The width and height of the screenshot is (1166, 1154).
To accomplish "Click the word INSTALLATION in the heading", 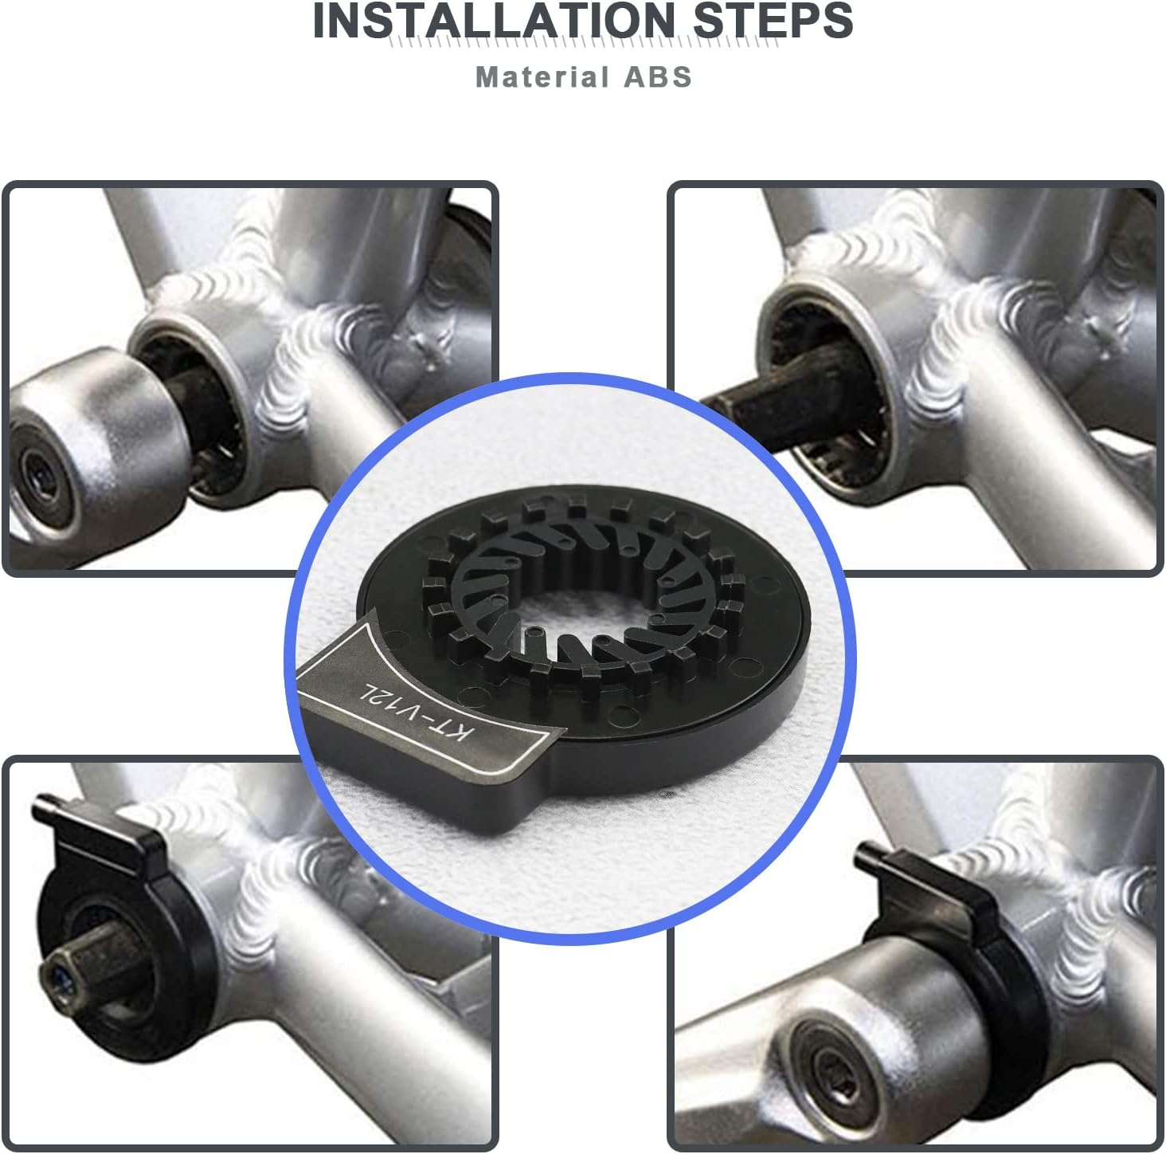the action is click(493, 21).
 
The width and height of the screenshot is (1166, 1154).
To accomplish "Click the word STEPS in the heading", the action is click(773, 21).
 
